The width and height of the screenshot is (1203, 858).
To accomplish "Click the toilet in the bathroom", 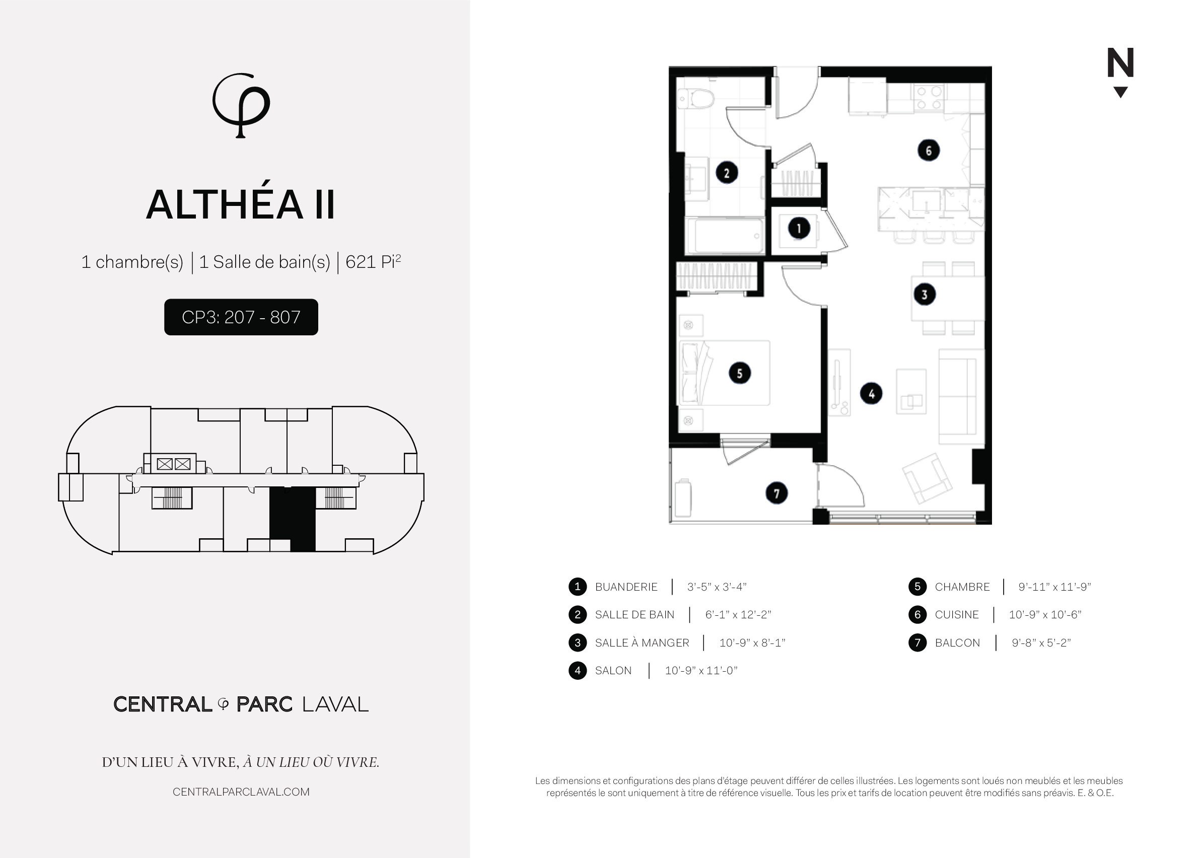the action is (696, 98).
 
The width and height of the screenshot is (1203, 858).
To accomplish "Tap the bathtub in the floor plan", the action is (725, 236).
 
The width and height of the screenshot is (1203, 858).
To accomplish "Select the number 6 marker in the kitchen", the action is (928, 151).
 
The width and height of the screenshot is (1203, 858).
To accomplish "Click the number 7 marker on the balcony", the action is (776, 493).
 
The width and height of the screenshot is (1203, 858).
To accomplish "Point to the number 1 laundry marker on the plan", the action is (798, 228).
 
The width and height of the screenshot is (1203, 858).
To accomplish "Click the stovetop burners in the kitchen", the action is (929, 98).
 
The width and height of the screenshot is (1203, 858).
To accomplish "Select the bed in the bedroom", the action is (723, 373).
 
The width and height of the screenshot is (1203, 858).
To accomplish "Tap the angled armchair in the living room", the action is (927, 478).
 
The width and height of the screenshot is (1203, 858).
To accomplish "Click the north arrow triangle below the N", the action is (1120, 92).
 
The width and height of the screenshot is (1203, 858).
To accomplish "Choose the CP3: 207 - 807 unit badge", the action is (241, 317).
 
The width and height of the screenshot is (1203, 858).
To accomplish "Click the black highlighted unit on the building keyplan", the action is (292, 519).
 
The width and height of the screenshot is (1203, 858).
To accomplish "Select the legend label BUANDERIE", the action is (626, 587).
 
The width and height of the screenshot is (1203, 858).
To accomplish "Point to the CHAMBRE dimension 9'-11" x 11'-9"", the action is (1054, 587).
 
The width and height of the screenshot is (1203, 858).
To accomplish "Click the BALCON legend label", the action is (957, 643).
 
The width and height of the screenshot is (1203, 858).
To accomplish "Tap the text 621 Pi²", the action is (373, 261).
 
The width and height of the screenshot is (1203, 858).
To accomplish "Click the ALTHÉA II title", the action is (241, 204).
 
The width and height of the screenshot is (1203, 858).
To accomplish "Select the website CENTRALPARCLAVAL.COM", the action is (241, 792).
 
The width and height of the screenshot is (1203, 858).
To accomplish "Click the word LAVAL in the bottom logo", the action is (335, 704).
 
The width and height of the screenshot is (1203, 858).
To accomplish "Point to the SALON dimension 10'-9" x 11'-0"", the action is (701, 671).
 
